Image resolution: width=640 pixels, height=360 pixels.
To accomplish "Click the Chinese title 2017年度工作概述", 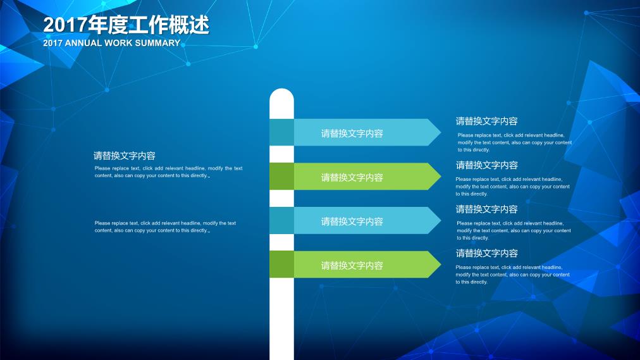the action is pos(126,25).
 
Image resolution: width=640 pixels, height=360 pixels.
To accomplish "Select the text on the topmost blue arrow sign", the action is pos(352,133).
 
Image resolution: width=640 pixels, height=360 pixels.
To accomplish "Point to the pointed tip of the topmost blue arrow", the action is pos(441,132).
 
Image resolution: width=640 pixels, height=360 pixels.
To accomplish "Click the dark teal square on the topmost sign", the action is pos(281,132).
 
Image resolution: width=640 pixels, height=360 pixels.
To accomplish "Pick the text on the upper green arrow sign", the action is pos(352,178).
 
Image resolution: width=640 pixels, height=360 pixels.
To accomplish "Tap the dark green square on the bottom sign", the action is pos(281,264).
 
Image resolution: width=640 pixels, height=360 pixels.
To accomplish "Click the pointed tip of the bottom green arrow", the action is pos(441,264).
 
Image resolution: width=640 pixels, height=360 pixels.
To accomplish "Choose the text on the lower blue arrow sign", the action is pos(352,221).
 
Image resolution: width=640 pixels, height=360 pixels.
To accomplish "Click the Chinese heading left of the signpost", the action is pos(125,156).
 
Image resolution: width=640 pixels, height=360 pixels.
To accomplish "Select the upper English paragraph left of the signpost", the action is pos(169,172).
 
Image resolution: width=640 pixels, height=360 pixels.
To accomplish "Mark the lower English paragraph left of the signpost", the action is pos(165,227).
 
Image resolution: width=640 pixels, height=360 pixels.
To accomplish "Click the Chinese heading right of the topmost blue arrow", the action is pos(486,121).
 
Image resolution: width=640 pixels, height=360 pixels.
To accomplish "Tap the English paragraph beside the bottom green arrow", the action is pos(512,275).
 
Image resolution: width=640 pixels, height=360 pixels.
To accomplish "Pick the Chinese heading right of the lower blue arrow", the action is pos(486,209).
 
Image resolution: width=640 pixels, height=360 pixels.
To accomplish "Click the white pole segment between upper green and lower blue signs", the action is pos(281,199).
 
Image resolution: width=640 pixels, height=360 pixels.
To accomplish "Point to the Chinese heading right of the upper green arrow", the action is pos(486,165).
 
